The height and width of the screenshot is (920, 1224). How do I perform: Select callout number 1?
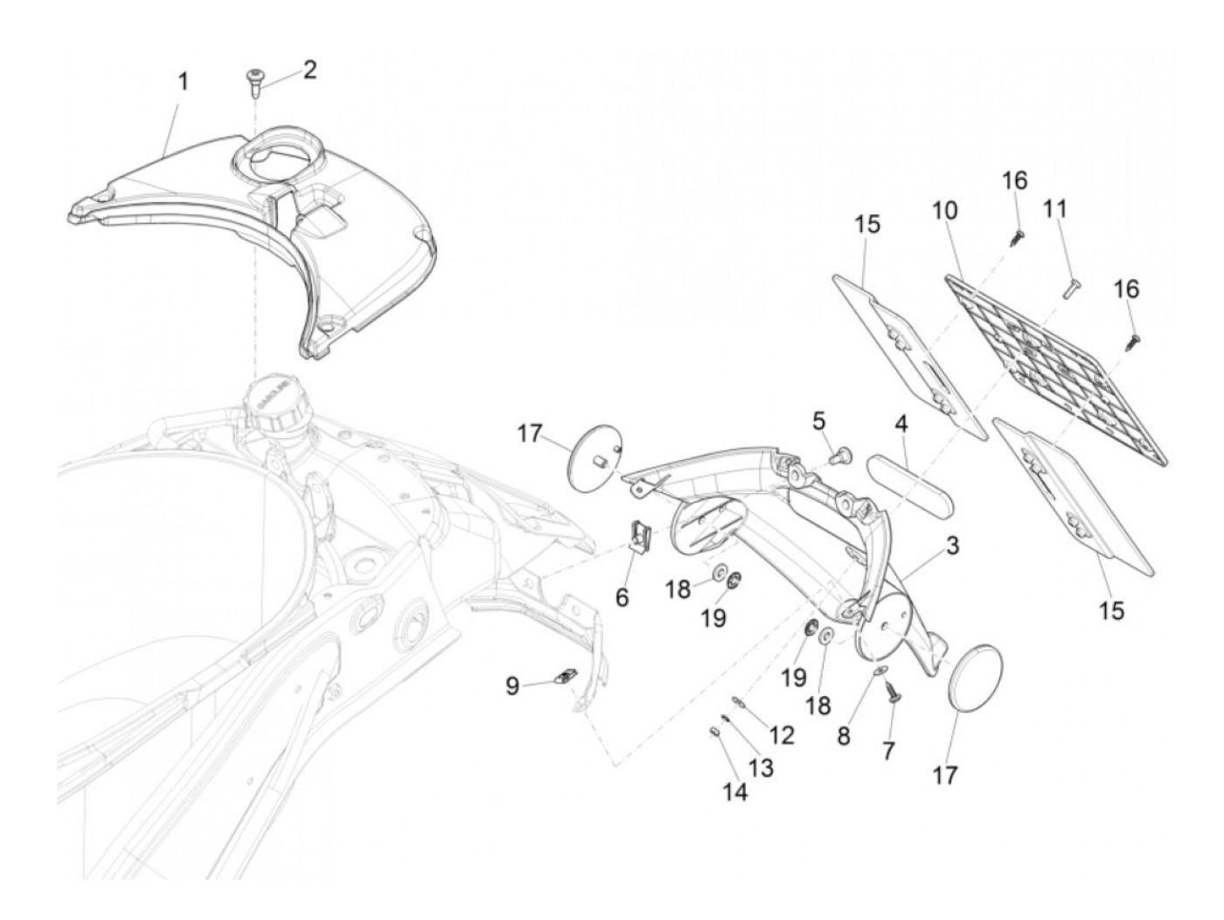coord(184,82)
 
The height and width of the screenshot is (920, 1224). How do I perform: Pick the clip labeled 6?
coord(641,535)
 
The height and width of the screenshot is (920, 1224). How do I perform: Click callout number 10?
coord(945,211)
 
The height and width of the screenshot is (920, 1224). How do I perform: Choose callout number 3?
coord(952,547)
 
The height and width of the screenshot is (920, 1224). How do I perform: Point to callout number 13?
coord(761,768)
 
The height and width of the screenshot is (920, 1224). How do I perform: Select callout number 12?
coord(782,735)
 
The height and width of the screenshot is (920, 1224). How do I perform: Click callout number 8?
coord(843,736)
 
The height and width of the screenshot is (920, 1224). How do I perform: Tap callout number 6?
coord(622,598)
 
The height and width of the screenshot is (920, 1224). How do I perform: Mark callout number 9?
coord(512,687)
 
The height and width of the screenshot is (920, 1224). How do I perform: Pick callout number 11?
coord(1055,209)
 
